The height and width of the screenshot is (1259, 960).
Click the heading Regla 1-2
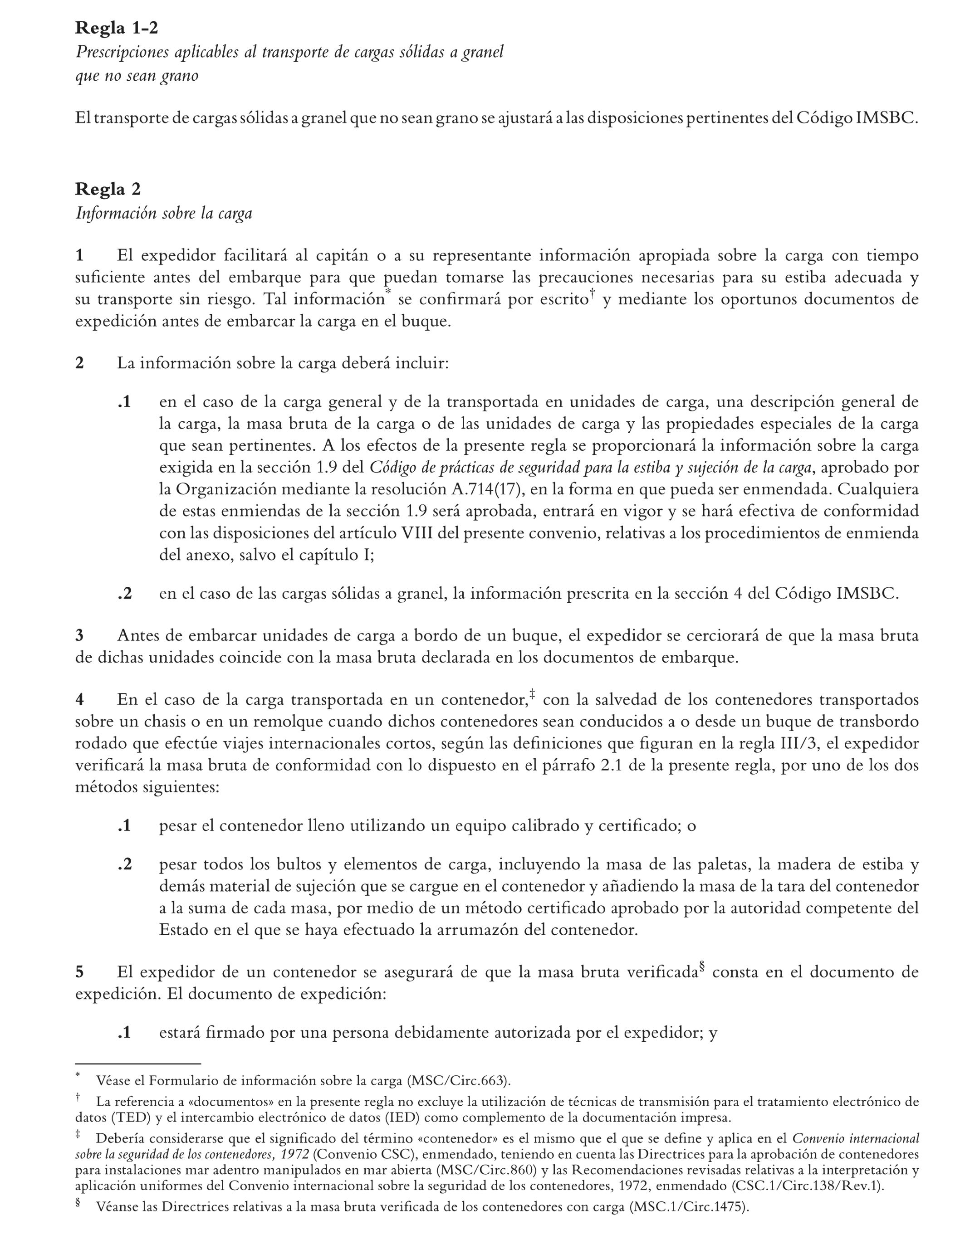point(117,27)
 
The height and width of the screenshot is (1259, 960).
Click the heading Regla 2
point(108,189)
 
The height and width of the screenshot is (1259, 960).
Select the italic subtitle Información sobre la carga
point(163,214)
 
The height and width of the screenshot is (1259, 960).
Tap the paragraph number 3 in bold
point(79,635)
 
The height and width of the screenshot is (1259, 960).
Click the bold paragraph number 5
point(79,971)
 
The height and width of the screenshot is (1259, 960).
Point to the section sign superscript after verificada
point(702,966)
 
